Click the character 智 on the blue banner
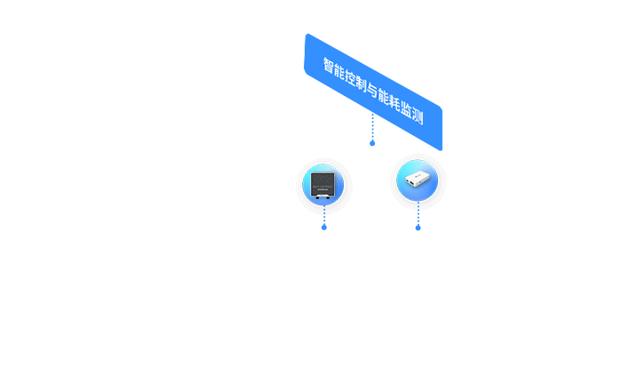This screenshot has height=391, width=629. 329,68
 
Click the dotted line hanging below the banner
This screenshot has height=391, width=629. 372,127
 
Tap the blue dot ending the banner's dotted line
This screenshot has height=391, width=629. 372,142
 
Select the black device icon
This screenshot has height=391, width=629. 323,185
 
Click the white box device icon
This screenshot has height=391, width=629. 417,180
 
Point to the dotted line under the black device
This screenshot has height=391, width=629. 324,215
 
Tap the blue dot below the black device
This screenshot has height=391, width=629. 324,227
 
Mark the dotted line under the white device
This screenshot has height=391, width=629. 418,214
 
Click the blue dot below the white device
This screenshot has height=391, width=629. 418,227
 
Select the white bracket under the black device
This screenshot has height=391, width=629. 323,197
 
